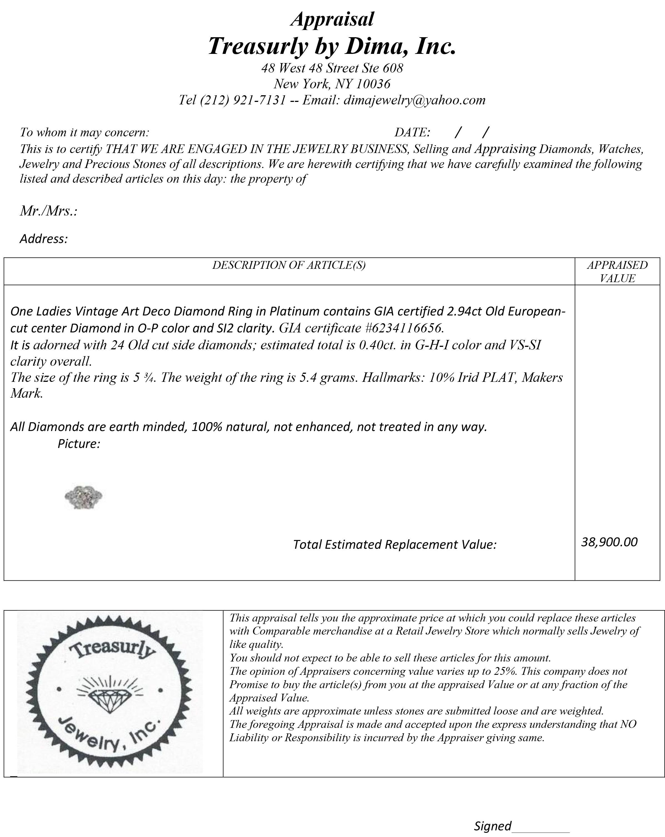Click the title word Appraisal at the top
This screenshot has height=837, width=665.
point(332,19)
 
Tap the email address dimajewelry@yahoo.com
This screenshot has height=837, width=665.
point(414,100)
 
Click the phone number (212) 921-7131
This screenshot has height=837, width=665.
point(243,100)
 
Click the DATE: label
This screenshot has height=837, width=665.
point(412,132)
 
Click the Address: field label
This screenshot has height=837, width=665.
point(44,239)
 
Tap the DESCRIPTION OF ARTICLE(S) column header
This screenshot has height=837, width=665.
point(289,265)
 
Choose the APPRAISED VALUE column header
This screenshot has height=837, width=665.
point(617,272)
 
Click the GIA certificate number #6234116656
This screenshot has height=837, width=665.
point(404,329)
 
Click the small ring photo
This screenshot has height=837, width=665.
point(84,497)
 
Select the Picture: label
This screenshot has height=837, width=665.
point(79,444)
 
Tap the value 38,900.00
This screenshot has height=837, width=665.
point(609,542)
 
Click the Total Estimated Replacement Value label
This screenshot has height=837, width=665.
point(395,545)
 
